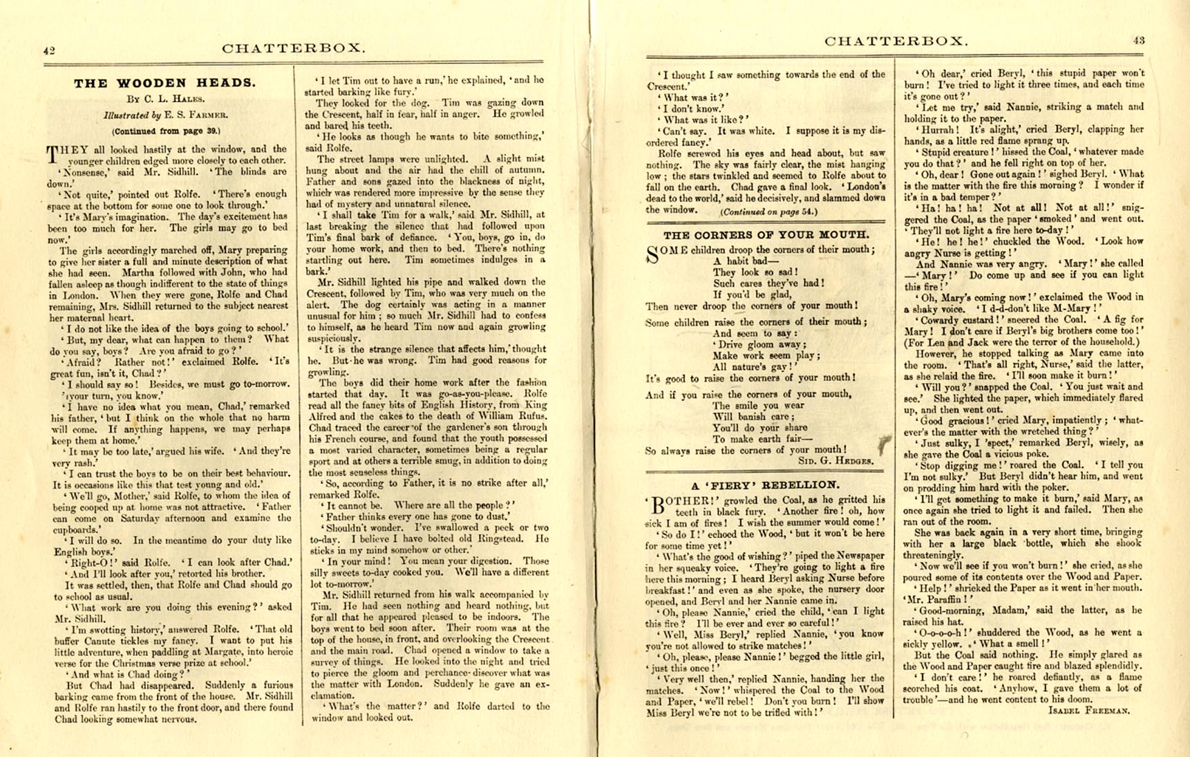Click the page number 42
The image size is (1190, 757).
pyautogui.click(x=48, y=50)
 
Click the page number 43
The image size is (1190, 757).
pyautogui.click(x=1138, y=40)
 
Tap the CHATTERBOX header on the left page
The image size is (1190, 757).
pyautogui.click(x=294, y=48)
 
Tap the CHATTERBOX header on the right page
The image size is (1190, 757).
pyautogui.click(x=896, y=41)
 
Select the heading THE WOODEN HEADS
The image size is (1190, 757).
pyautogui.click(x=164, y=84)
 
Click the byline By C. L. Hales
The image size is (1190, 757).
pyautogui.click(x=165, y=100)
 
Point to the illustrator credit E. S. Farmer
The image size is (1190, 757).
pyautogui.click(x=166, y=115)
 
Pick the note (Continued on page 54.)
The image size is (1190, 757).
pyautogui.click(x=768, y=212)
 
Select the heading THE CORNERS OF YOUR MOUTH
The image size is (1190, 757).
pyautogui.click(x=766, y=235)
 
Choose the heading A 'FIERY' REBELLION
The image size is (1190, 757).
pyautogui.click(x=766, y=485)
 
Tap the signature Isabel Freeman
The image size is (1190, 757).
pyautogui.click(x=1089, y=710)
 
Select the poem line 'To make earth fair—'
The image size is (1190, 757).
pyautogui.click(x=752, y=439)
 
